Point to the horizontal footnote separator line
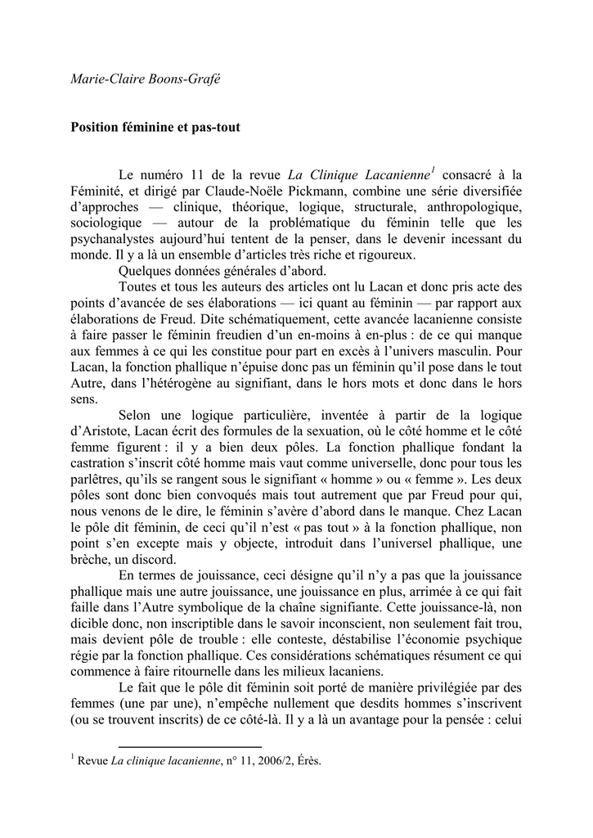pos(190,747)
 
